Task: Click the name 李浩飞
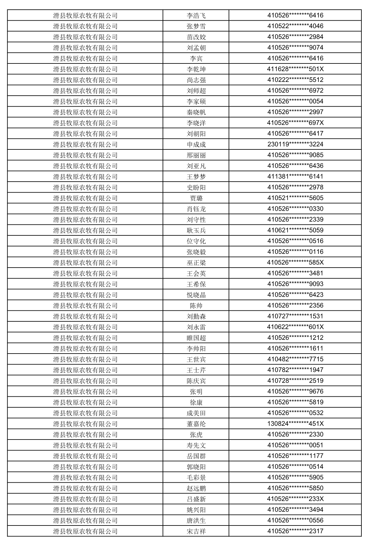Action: [x=196, y=16]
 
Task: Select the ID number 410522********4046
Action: [x=295, y=26]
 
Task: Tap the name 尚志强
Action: [x=196, y=80]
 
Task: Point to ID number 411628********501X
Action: [x=295, y=69]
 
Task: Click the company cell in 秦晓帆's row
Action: [x=85, y=112]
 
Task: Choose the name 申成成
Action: [x=196, y=144]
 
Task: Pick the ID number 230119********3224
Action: [x=295, y=144]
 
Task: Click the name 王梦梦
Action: [x=196, y=177]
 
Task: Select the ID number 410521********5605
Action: [x=295, y=198]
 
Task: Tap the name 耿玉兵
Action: [x=196, y=230]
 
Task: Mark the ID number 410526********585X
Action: [x=295, y=263]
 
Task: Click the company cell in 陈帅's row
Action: [x=85, y=306]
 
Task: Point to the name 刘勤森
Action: [x=196, y=316]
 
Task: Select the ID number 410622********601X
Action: [x=295, y=327]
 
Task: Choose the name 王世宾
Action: [x=196, y=359]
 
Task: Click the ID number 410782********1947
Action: [x=295, y=370]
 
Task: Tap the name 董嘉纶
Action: [x=196, y=424]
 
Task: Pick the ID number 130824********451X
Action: [x=295, y=424]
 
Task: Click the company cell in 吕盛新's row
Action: [x=85, y=499]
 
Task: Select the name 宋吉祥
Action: [x=196, y=531]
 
